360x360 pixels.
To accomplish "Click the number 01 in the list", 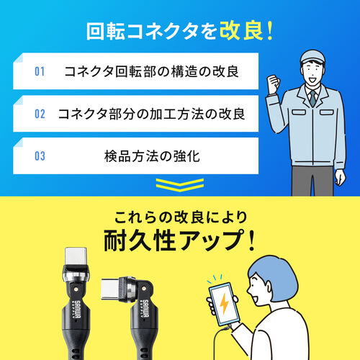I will [40, 72].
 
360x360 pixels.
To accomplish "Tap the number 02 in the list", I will [40, 114].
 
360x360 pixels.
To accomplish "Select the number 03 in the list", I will [40, 155].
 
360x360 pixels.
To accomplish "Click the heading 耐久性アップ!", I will [179, 238].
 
